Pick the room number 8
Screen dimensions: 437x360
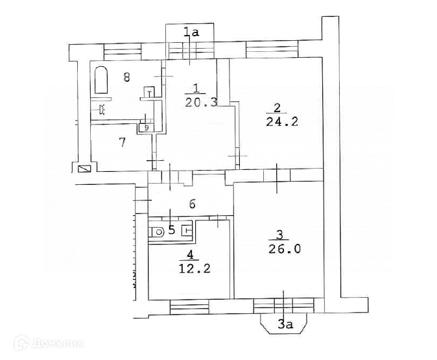[x=127, y=77]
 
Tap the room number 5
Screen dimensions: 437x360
[x=171, y=229]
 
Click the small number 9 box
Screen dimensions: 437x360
[x=146, y=128]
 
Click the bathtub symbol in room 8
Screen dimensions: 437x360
[x=102, y=80]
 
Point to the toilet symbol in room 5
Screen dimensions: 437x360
[x=158, y=230]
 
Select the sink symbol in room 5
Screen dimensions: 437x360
[x=187, y=229]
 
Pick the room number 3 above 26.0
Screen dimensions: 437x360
[x=279, y=234]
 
